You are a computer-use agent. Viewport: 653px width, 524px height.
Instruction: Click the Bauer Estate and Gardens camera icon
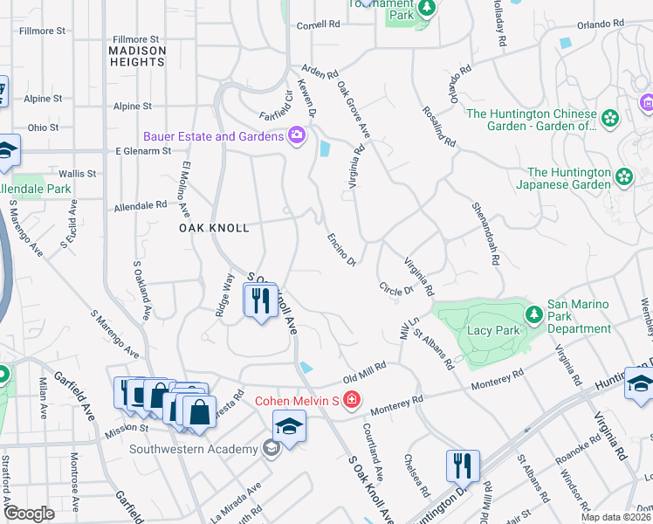(297, 135)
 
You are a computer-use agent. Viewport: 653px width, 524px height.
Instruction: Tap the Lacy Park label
(494, 330)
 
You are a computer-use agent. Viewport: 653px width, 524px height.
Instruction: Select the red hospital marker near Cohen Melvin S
(351, 401)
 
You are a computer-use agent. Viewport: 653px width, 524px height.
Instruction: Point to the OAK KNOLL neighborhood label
(214, 228)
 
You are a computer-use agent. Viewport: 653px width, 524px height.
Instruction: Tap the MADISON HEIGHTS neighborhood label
(137, 58)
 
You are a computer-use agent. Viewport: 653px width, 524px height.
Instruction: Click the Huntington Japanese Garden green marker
(624, 177)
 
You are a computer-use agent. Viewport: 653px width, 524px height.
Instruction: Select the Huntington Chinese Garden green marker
(609, 118)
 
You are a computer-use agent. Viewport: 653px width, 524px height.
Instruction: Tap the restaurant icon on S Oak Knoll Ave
(260, 301)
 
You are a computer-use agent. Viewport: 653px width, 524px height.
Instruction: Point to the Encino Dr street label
(341, 249)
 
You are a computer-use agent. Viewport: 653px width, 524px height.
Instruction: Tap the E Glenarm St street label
(144, 151)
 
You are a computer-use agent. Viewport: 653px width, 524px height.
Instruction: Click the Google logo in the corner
(30, 514)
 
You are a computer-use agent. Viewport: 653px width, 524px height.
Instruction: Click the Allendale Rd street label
(140, 207)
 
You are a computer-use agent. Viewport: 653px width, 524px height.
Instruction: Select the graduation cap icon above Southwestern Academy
(288, 427)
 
